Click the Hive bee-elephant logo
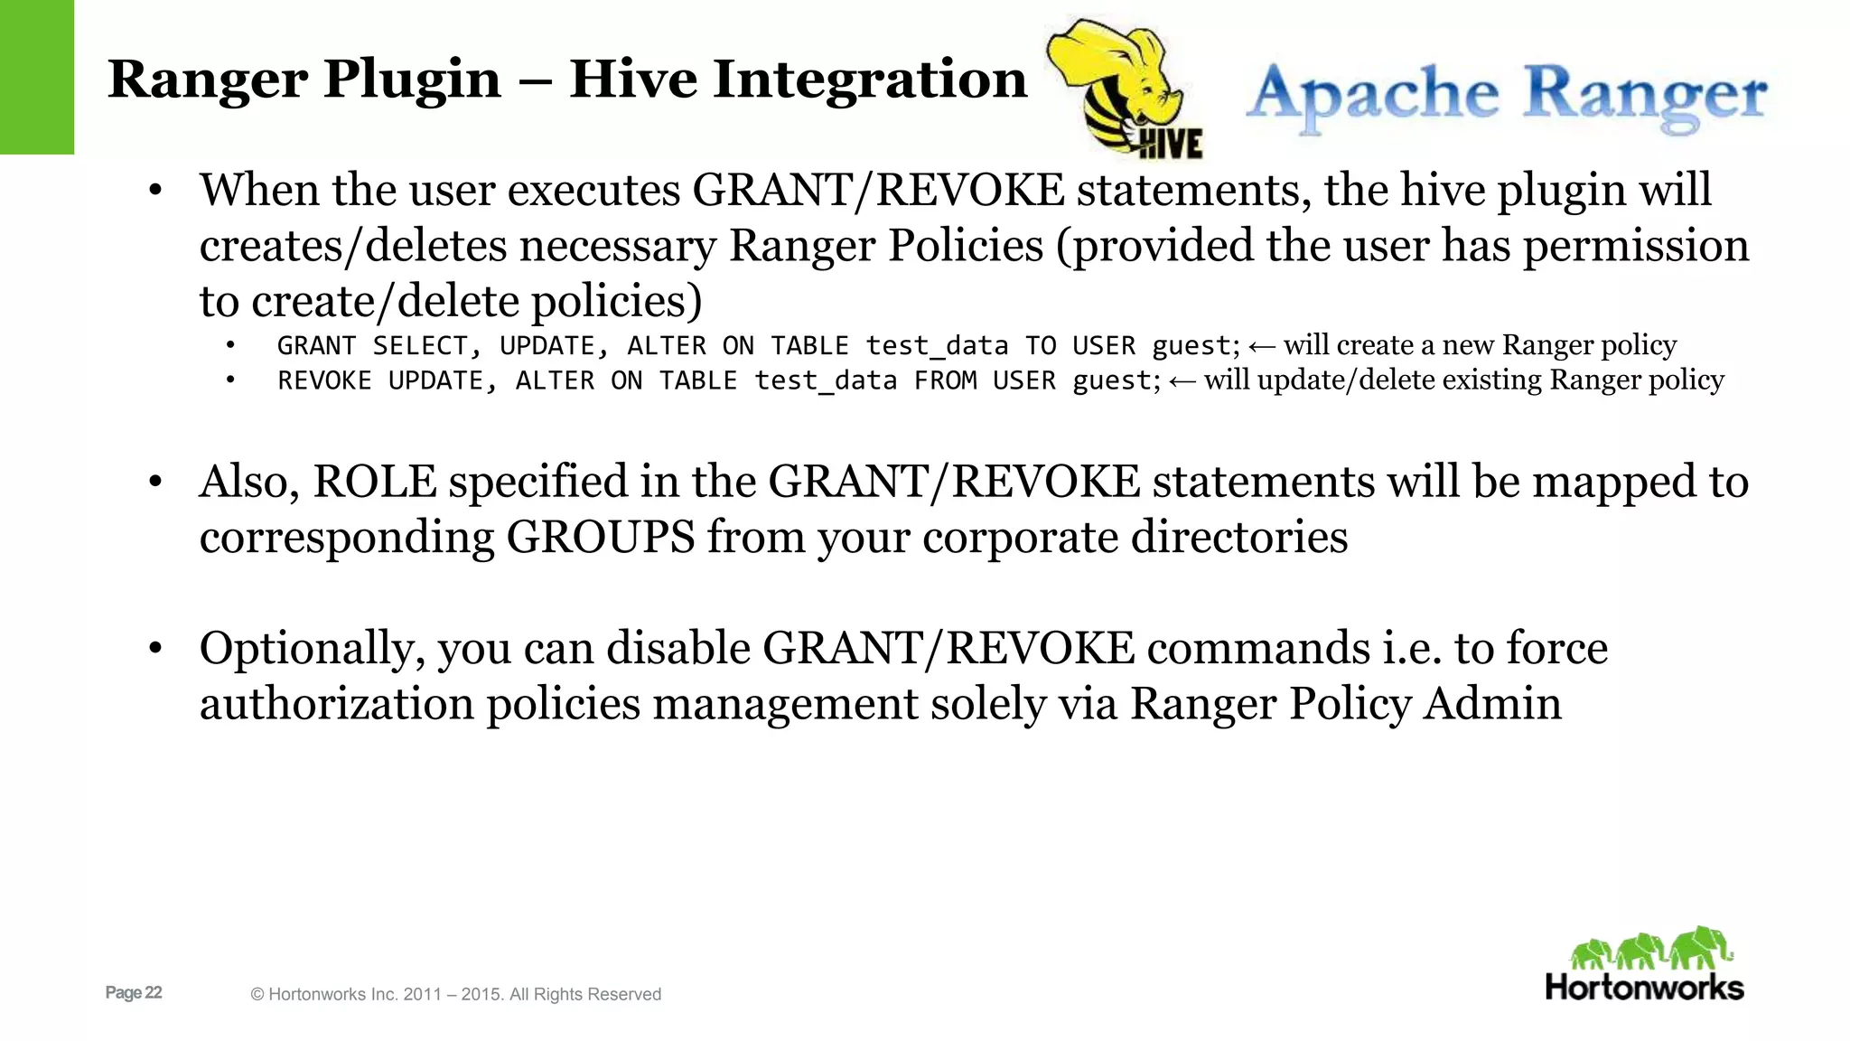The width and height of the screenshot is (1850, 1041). pos(1125,90)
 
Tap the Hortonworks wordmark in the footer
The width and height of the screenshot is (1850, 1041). pos(1644,987)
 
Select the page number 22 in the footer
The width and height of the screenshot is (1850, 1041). pos(153,992)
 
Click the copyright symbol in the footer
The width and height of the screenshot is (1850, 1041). pos(257,995)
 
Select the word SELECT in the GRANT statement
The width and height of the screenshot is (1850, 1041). pos(420,346)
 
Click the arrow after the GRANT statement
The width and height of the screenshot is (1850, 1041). pos(1261,346)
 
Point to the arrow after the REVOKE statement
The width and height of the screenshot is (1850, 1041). pos(1182,381)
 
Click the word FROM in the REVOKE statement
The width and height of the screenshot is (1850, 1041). pos(945,381)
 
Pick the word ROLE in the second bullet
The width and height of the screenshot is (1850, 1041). pos(375,481)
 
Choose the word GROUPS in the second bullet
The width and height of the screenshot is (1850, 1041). pos(600,537)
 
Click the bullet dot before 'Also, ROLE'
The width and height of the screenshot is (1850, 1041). pos(155,481)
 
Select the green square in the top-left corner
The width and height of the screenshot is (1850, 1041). pos(37,77)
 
